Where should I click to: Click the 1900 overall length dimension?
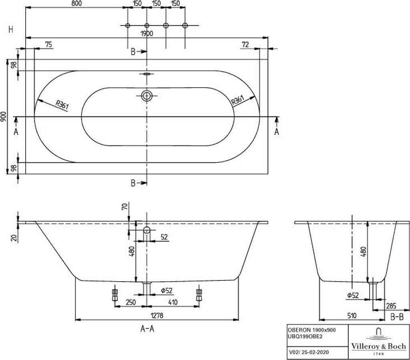tap(147, 34)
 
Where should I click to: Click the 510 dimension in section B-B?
tap(351, 315)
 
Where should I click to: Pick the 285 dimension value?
tap(391, 306)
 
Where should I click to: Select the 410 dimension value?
tap(173, 303)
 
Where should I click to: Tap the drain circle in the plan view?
tap(147, 96)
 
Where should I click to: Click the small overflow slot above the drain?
tap(147, 74)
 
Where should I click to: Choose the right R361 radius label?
tap(238, 100)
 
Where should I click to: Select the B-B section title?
tap(396, 317)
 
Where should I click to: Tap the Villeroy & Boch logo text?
tap(378, 346)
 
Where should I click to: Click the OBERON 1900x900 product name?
tap(312, 330)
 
